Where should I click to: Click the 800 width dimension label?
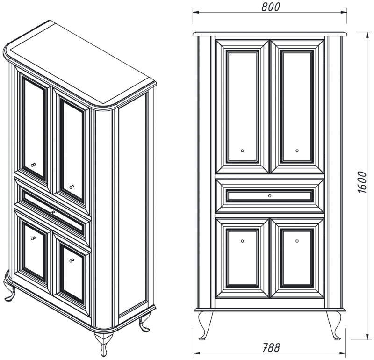pyautogui.click(x=271, y=7)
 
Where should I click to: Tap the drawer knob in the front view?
pyautogui.click(x=270, y=196)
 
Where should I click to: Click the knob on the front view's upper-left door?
pyautogui.click(x=243, y=151)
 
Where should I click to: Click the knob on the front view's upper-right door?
pyautogui.click(x=297, y=151)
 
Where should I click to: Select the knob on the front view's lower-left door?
pyautogui.click(x=243, y=241)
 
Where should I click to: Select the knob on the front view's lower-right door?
pyautogui.click(x=297, y=241)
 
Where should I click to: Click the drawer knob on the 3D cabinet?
pyautogui.click(x=53, y=212)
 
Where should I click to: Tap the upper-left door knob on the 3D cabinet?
pyautogui.click(x=33, y=165)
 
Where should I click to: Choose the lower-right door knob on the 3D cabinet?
pyautogui.click(x=72, y=260)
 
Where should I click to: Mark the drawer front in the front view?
pyautogui.click(x=270, y=196)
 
